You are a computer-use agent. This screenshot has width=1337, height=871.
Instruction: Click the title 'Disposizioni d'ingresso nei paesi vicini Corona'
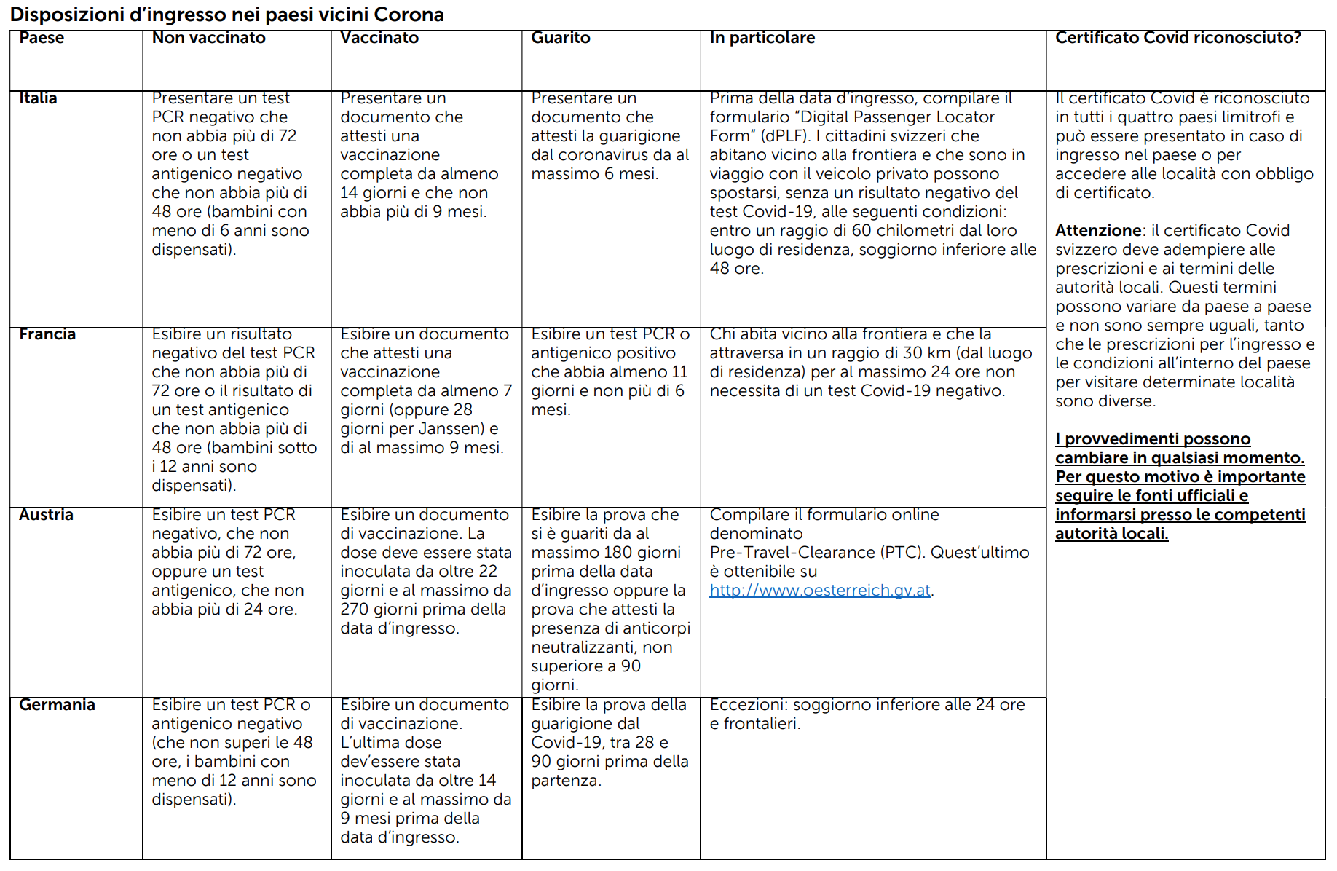point(226,15)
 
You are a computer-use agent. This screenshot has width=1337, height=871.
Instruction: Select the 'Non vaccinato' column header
point(208,38)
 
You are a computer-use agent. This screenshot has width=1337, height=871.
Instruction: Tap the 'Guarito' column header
point(560,38)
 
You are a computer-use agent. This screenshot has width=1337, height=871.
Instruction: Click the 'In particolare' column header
point(762,38)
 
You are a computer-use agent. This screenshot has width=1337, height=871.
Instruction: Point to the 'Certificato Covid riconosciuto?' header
point(1178,38)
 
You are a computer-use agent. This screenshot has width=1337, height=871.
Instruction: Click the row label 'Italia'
point(38,98)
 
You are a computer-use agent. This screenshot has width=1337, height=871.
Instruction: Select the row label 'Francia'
point(47,334)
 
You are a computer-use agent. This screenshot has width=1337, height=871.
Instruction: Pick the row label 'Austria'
point(46,515)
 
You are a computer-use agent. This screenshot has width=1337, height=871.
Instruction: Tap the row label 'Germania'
point(57,705)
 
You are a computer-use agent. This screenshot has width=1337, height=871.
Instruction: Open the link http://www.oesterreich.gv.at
point(820,591)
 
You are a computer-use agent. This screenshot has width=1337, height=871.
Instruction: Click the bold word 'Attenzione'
point(1098,231)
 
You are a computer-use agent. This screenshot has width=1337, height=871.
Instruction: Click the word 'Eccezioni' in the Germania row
point(748,705)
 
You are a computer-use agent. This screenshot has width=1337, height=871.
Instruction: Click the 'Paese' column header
point(42,38)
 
